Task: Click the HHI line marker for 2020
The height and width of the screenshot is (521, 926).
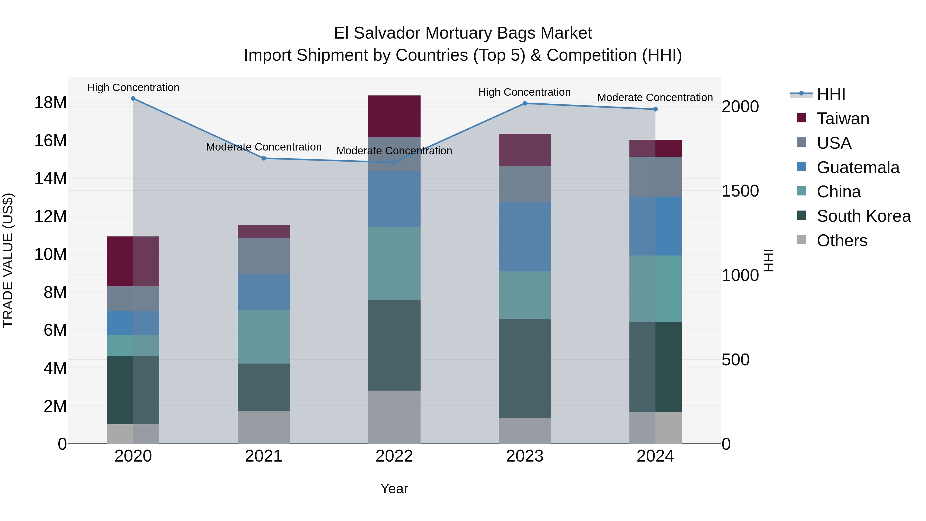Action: (x=133, y=99)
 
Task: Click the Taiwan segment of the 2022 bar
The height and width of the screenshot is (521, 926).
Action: (x=394, y=116)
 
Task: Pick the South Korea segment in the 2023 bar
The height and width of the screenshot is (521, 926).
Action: (x=524, y=368)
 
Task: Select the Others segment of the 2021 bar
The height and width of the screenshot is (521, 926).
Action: (x=263, y=428)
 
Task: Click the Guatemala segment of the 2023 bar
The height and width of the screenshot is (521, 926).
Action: (x=524, y=237)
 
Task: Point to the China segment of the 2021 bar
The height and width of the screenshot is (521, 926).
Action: (x=263, y=337)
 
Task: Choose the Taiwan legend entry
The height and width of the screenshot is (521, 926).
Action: (x=843, y=119)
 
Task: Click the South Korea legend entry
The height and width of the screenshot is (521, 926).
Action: (x=863, y=216)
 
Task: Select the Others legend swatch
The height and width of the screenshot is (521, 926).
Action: (x=801, y=240)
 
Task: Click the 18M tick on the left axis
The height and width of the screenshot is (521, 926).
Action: (x=50, y=103)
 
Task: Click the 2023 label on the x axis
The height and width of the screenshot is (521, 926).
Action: (x=524, y=456)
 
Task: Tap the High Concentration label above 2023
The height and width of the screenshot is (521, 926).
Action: (x=524, y=92)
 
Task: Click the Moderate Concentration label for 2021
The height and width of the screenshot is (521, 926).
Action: (x=263, y=147)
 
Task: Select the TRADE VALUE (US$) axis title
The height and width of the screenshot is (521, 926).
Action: (x=8, y=260)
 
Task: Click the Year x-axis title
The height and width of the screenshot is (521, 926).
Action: (x=394, y=489)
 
